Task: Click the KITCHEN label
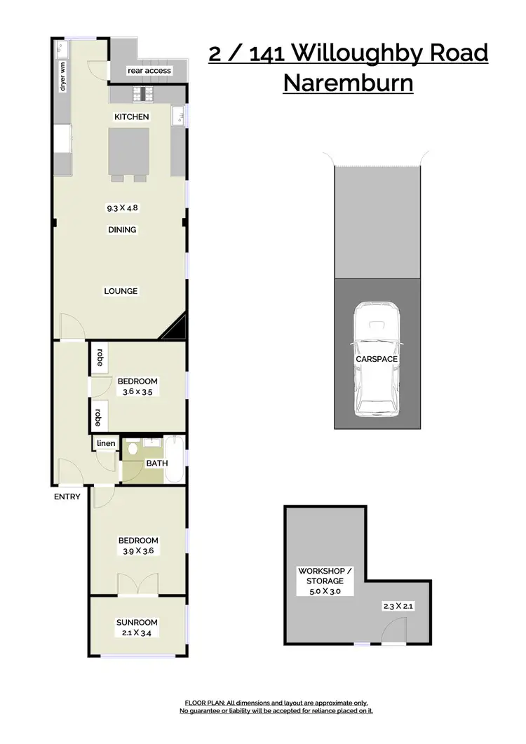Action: [132, 116]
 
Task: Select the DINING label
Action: [122, 229]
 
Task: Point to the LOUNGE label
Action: [121, 291]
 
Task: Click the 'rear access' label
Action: [149, 71]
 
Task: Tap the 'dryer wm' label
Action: [62, 76]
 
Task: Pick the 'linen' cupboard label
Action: [106, 443]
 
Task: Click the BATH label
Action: [156, 464]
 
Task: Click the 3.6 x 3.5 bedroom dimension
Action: [137, 392]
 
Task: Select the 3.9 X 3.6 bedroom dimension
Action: [137, 551]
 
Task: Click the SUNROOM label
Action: [137, 622]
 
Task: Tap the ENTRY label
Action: [67, 496]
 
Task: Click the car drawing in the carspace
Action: [376, 359]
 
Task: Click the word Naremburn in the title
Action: [348, 83]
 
